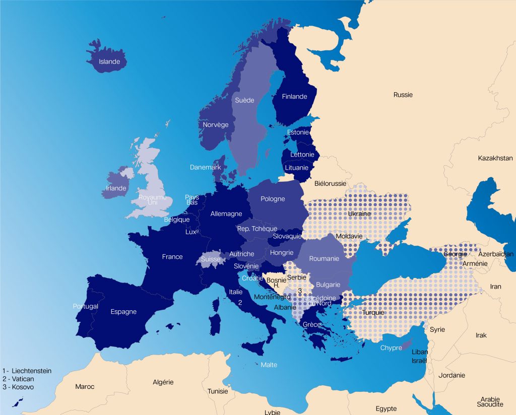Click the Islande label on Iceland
109,62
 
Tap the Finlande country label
294,97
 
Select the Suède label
244,100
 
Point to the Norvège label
216,125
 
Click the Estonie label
298,132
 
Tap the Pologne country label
273,199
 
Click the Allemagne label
226,214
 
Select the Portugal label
86,306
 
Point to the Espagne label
123,312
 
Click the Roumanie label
324,258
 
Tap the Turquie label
373,312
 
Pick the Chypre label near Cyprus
391,348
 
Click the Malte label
269,365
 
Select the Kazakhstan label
495,158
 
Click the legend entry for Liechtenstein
27,371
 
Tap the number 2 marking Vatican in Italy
240,303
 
